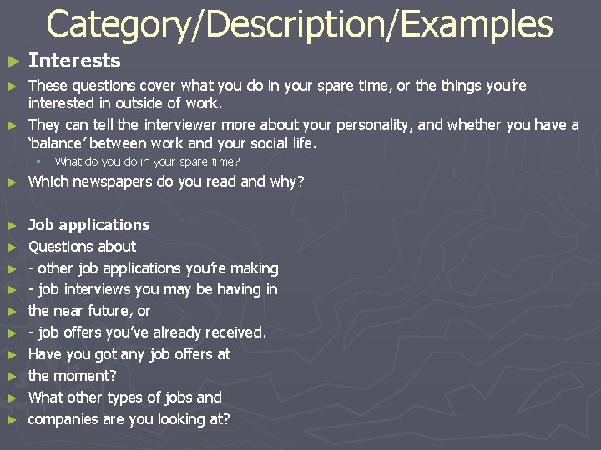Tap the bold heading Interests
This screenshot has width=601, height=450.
pos(74,61)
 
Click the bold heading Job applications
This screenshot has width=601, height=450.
pos(89,224)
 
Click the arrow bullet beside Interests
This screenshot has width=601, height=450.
pos(12,62)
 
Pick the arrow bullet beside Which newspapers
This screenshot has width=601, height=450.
pos(12,182)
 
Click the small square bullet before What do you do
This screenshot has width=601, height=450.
pos(38,162)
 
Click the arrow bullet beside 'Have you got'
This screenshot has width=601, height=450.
pos(12,355)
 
